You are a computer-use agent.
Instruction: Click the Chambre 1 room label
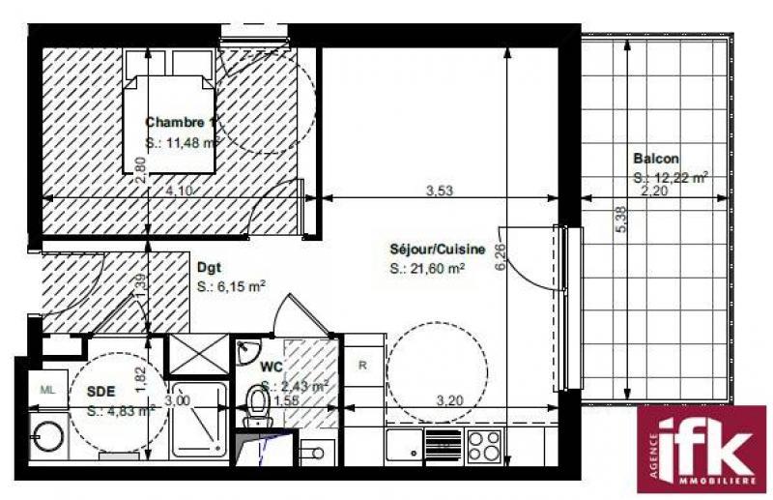pos(180,123)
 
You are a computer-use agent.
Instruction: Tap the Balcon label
pos(656,159)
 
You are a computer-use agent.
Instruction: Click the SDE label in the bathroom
pos(102,393)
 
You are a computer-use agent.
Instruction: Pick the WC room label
pos(271,368)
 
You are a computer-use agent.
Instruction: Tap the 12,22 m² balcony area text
pos(671,177)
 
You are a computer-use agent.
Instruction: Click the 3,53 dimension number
pos(440,191)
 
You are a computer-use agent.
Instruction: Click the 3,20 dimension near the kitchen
pos(450,399)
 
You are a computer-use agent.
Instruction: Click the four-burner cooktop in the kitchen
pos(484,446)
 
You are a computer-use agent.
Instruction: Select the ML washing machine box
pos(46,389)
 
